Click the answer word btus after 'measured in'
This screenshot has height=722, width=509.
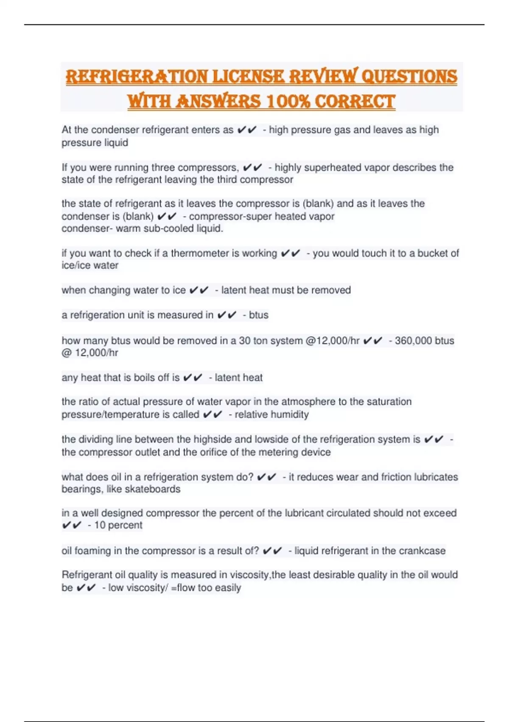click(x=259, y=315)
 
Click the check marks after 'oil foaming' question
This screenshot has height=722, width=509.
click(x=272, y=551)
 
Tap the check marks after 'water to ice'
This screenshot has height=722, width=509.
click(x=199, y=290)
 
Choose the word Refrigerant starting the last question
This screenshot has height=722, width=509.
click(x=87, y=575)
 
